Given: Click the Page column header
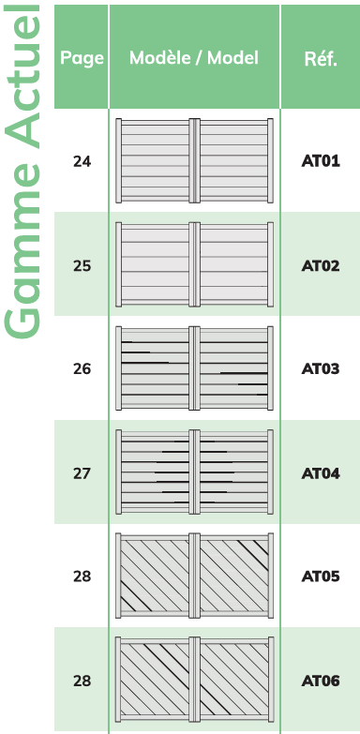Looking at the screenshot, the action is (x=82, y=58).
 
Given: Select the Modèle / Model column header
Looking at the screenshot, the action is (x=194, y=57).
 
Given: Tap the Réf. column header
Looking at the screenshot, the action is (x=321, y=59).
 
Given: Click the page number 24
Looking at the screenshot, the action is (x=82, y=162).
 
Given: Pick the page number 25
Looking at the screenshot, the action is (x=82, y=266).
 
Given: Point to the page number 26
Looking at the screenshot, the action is (x=82, y=369).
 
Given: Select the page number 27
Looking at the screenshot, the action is (x=82, y=473).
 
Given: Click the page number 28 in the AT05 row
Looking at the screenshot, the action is (x=82, y=577).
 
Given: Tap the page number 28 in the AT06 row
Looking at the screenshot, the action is (x=82, y=681).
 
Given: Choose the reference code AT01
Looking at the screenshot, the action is (x=321, y=162).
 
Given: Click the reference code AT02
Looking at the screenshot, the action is (x=321, y=266).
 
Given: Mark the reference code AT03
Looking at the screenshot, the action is (x=321, y=369).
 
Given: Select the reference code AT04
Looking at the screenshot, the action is (x=321, y=473).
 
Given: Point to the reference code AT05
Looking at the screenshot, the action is (x=321, y=577).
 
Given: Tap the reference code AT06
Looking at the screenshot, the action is (x=321, y=681).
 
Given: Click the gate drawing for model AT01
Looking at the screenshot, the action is (x=194, y=161).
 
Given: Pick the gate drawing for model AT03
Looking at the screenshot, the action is (x=194, y=368).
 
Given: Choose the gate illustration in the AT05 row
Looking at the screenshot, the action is (x=194, y=576).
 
